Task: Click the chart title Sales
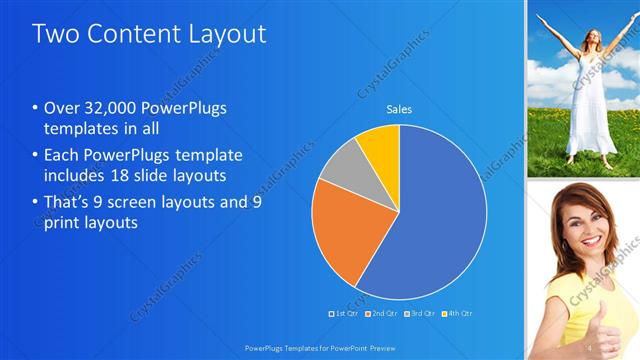coord(399,109)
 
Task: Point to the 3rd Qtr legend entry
coord(420,314)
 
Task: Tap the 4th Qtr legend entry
coord(457,314)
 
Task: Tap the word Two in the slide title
coord(55,34)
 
